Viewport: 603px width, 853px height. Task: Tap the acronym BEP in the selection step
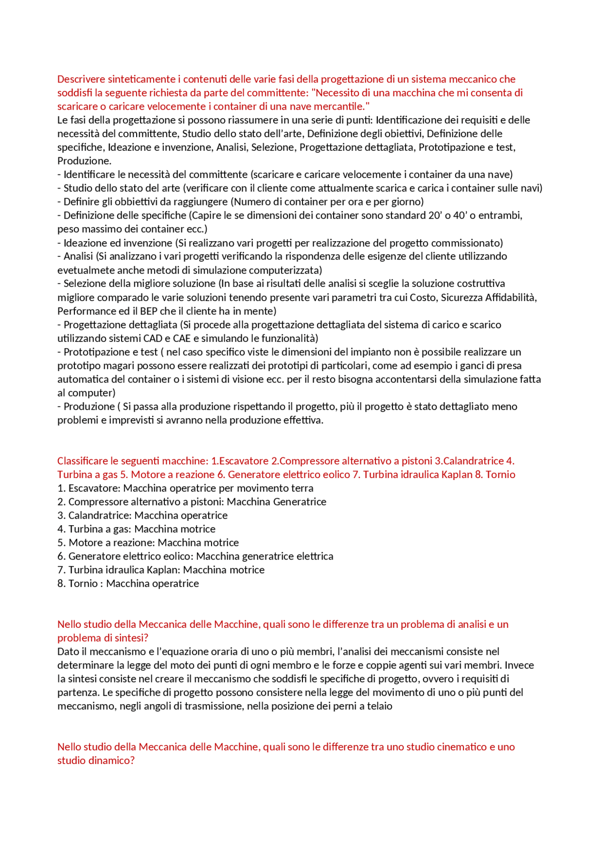click(148, 311)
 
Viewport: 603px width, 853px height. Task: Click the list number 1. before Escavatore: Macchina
click(61, 488)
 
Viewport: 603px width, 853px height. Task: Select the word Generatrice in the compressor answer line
click(300, 502)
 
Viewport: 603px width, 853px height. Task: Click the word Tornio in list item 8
click(82, 584)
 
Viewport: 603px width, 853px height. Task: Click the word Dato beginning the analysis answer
click(67, 652)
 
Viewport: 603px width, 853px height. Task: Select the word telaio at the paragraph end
click(381, 707)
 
